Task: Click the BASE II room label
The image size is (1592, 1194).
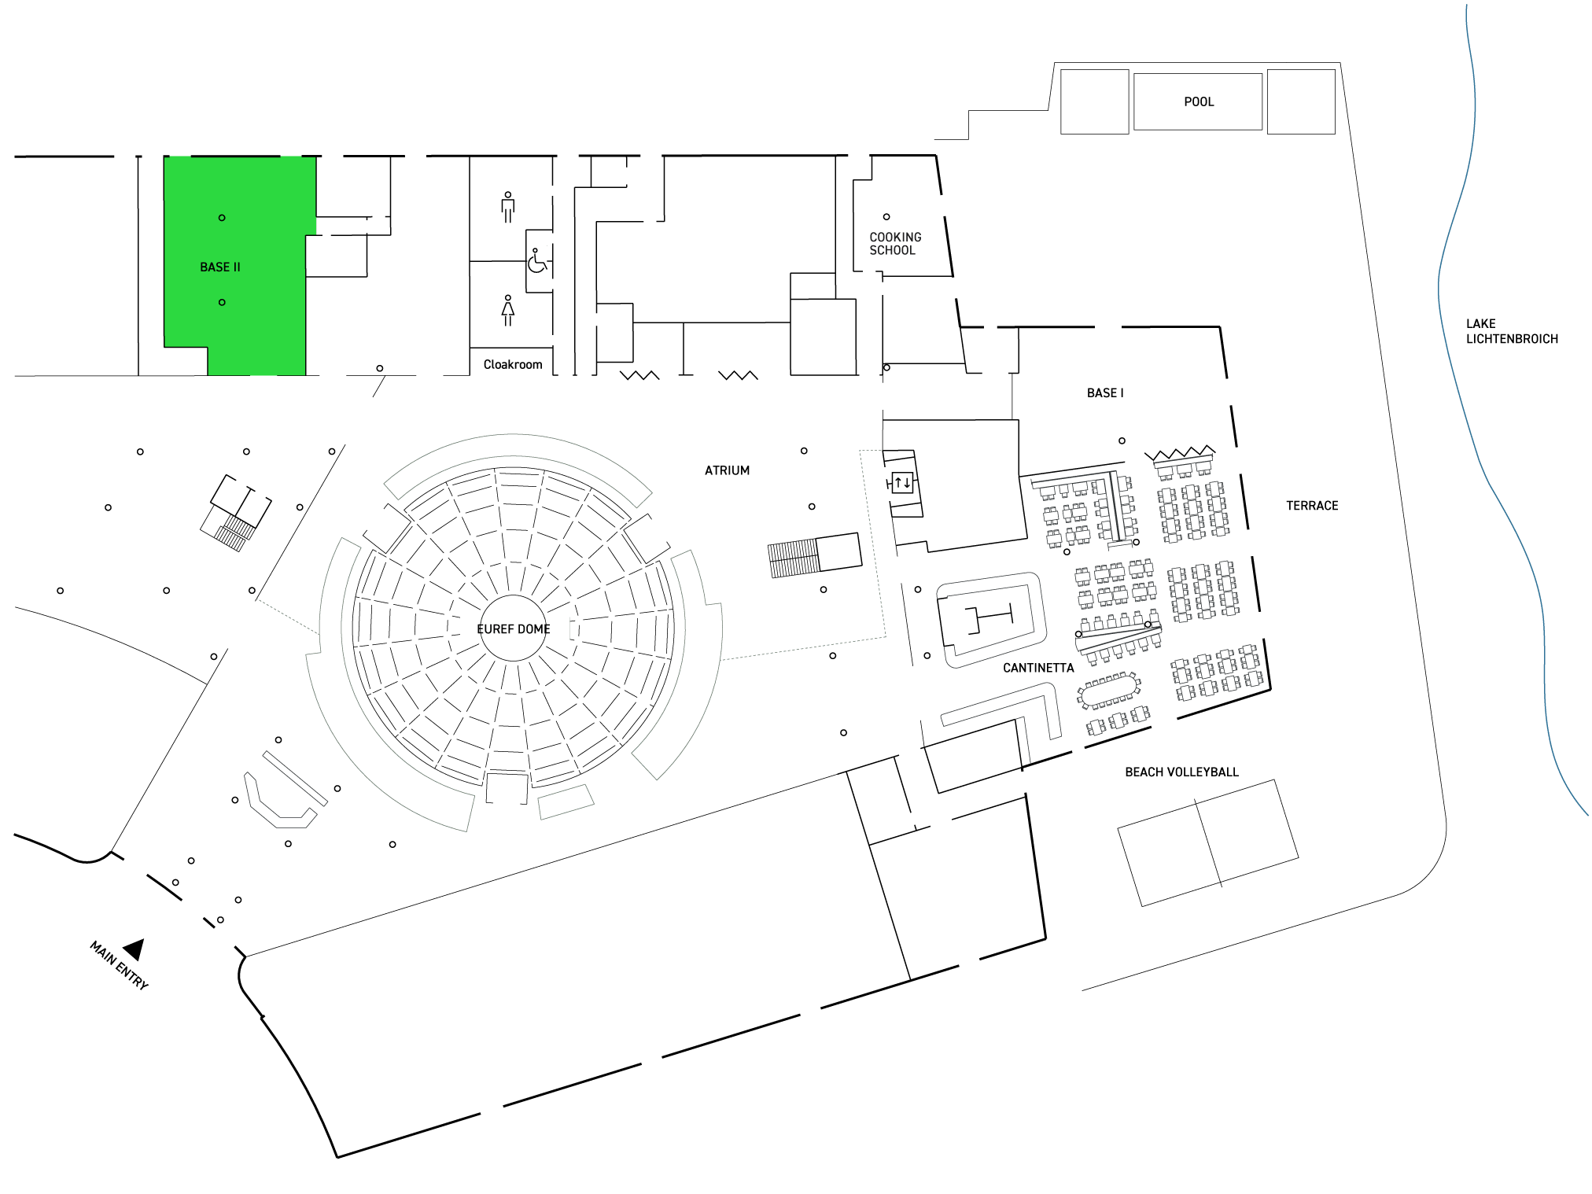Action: (x=220, y=267)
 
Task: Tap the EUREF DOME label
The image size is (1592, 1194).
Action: (x=514, y=629)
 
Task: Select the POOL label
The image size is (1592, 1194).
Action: (x=1199, y=102)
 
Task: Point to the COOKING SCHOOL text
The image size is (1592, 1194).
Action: (x=895, y=244)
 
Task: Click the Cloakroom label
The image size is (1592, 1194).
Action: (x=513, y=365)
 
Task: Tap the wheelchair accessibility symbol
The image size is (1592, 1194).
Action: (x=537, y=261)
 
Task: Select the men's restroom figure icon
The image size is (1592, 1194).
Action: (x=508, y=207)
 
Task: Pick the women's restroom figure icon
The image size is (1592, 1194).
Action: (x=508, y=310)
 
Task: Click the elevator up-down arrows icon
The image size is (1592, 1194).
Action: (x=902, y=482)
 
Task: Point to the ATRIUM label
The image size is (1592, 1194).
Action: (x=728, y=471)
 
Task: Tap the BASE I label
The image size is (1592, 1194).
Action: (x=1105, y=393)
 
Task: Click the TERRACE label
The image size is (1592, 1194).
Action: (x=1312, y=506)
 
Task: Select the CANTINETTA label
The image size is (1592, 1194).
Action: (x=1038, y=669)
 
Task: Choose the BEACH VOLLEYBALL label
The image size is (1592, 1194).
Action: (x=1181, y=772)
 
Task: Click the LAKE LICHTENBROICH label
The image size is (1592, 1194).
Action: (x=1511, y=331)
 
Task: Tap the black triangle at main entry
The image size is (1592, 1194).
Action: (x=135, y=950)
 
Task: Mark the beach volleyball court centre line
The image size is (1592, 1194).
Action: (x=1208, y=842)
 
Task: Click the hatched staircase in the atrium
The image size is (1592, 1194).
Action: (x=794, y=559)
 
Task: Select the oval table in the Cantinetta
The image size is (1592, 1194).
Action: (x=1110, y=691)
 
